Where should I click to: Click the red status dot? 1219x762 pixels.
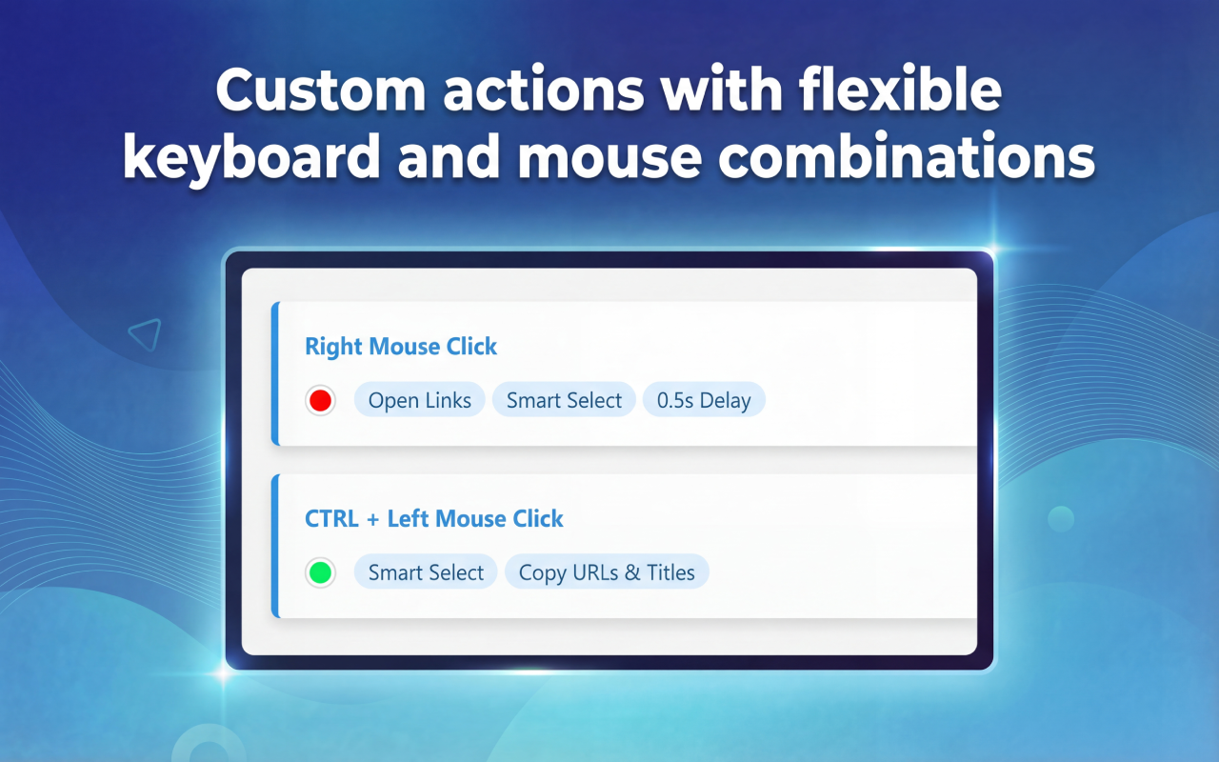pos(320,401)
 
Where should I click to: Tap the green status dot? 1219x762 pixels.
pos(320,572)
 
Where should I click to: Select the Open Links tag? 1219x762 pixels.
pos(420,400)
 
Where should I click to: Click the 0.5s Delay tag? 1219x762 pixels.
pos(704,400)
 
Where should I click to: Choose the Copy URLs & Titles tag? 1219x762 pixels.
pos(607,572)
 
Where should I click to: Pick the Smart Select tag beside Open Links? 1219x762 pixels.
pos(564,400)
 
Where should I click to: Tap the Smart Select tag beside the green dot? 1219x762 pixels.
pos(426,572)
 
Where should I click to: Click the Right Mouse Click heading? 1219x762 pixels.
pos(401,346)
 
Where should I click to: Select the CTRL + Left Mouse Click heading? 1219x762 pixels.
pos(433,518)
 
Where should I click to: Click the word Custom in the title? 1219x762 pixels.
pos(320,90)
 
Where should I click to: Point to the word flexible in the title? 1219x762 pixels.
pos(900,89)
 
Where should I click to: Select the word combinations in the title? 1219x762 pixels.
pos(907,157)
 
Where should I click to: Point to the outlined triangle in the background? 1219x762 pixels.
pos(146,334)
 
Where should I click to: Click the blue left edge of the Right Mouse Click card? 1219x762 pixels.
pos(275,373)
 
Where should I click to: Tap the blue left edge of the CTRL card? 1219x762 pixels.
pos(275,546)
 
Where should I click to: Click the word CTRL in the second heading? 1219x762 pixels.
pos(331,519)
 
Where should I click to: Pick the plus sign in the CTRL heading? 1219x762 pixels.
pos(372,519)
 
